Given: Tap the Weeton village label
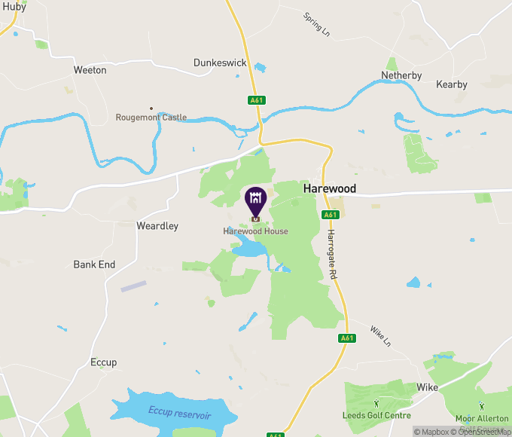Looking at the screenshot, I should point(90,70).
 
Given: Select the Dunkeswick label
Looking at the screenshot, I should point(220,63).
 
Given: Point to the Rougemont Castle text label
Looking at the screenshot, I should point(151,118).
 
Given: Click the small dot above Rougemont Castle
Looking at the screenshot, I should point(151,108).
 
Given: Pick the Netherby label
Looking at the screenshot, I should point(401,75).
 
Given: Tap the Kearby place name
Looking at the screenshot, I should point(452,85).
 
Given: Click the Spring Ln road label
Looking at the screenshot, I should point(317,23).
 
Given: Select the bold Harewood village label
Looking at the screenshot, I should point(329,189).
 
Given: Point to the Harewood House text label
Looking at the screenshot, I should point(255,231).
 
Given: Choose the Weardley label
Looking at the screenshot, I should point(157,226).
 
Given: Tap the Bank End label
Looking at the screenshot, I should point(94,264).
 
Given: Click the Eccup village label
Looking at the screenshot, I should point(103,362).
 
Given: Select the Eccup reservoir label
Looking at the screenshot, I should point(179,413).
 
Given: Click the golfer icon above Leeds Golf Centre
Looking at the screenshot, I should point(376,404).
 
